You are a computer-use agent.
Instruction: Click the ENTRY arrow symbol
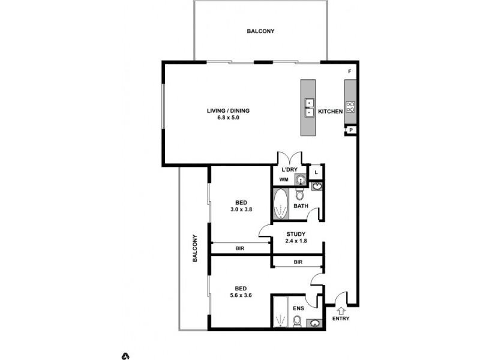click(341, 310)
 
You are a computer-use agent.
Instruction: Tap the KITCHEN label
click(330, 112)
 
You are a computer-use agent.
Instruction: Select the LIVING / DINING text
click(228, 110)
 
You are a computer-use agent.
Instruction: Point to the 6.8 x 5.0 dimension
click(228, 118)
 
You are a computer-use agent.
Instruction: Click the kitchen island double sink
click(308, 107)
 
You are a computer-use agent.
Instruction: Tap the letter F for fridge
click(350, 71)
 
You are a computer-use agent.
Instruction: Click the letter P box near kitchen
click(350, 130)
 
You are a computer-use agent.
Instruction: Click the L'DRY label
click(289, 170)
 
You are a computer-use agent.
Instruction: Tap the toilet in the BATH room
click(301, 196)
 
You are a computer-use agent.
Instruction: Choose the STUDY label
click(296, 235)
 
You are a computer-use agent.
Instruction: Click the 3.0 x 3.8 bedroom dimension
click(242, 210)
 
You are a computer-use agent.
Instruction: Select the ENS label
click(298, 309)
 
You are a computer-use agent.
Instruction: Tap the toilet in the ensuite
click(296, 322)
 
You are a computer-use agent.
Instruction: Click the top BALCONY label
click(260, 31)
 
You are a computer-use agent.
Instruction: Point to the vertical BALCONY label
click(195, 248)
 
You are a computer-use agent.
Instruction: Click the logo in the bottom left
click(126, 356)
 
